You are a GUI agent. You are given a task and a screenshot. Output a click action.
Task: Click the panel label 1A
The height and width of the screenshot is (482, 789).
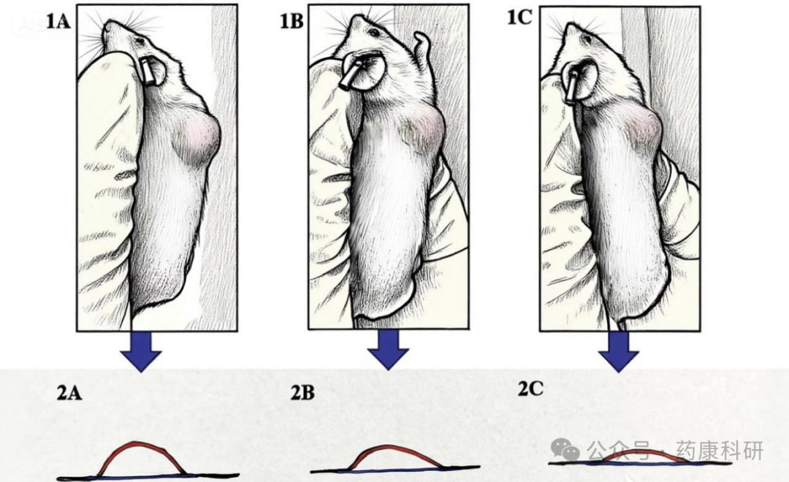[x=58, y=21]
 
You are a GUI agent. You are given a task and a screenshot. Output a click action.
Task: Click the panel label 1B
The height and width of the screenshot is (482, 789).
[x=291, y=21]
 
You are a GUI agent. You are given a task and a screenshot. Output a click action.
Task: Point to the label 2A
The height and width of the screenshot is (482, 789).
[x=69, y=393]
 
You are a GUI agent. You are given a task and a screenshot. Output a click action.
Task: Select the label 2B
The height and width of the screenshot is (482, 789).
[x=303, y=393]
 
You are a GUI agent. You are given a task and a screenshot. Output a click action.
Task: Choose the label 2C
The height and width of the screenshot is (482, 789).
[x=530, y=389]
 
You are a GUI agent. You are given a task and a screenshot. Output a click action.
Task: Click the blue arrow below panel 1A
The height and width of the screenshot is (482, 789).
[x=141, y=351]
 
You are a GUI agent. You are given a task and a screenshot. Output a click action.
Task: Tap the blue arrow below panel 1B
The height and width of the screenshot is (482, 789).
[x=387, y=350]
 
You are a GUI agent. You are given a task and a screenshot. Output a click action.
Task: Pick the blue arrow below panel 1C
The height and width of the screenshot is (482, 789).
[x=619, y=352]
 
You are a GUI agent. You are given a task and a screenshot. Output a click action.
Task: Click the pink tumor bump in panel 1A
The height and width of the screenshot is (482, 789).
[x=199, y=138]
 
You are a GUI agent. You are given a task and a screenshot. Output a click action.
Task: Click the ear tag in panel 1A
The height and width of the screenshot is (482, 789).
[x=148, y=70]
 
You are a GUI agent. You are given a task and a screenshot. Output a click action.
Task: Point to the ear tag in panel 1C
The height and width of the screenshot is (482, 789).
[x=572, y=86]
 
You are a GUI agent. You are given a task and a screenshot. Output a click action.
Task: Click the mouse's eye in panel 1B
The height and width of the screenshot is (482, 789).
[x=374, y=32]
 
